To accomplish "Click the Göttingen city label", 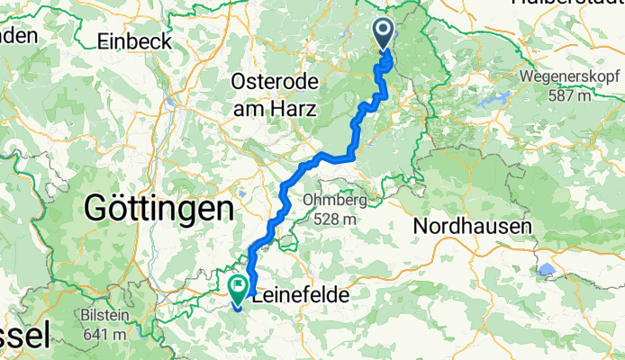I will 159,209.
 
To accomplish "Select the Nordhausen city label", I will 471,227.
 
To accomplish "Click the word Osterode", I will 275,82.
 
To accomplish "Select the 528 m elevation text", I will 335,218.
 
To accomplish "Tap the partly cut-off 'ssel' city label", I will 22,336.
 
